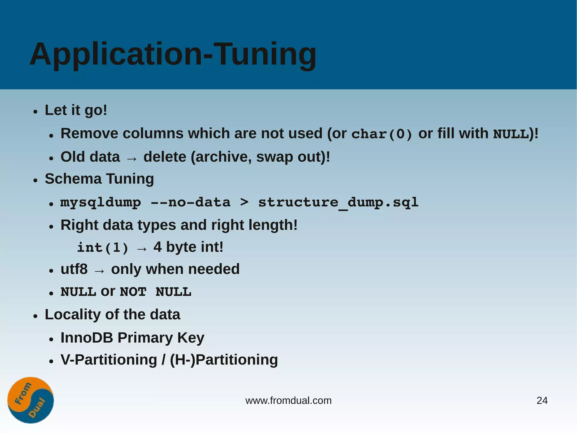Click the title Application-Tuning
click(173, 54)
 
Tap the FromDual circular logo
click(30, 400)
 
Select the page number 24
click(542, 401)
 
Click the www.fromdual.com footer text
click(288, 401)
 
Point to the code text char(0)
click(382, 134)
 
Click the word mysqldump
click(101, 203)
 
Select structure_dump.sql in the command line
click(338, 203)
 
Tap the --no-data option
click(190, 203)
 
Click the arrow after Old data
click(132, 159)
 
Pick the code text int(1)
click(103, 248)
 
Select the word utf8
click(74, 269)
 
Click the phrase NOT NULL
click(155, 292)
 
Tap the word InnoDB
click(86, 338)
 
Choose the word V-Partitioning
click(109, 360)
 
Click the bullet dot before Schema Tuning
click(35, 181)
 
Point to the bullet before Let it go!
click(35, 112)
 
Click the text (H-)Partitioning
click(224, 360)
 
